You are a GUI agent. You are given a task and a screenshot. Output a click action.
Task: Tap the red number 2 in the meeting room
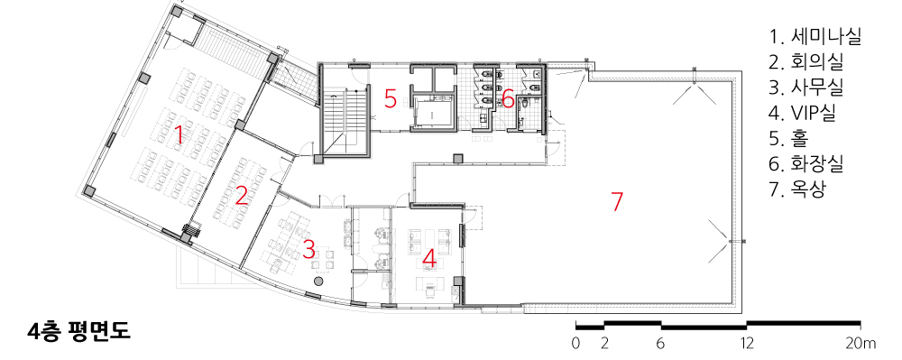242,196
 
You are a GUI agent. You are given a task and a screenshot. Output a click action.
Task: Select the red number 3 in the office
308,249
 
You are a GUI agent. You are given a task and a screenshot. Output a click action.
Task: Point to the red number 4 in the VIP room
429,259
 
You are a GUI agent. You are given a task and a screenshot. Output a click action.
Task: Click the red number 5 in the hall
391,99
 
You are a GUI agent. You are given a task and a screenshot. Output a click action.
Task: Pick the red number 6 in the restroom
508,99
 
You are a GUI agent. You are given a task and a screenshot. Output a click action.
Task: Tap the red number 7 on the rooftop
617,201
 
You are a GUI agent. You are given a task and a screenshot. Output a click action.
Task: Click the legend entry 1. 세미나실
815,37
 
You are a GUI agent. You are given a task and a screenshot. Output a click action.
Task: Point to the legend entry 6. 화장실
806,164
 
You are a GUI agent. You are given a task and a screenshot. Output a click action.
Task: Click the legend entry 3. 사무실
806,88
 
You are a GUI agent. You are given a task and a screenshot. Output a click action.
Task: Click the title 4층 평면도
78,332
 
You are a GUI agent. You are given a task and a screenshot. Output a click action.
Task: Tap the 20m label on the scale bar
861,344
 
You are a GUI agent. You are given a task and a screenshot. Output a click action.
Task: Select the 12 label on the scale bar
747,344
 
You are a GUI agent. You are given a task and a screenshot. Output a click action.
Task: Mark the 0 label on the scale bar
575,344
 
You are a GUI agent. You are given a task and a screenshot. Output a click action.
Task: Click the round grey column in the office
318,282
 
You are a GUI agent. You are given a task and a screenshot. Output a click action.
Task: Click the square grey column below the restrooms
458,158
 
